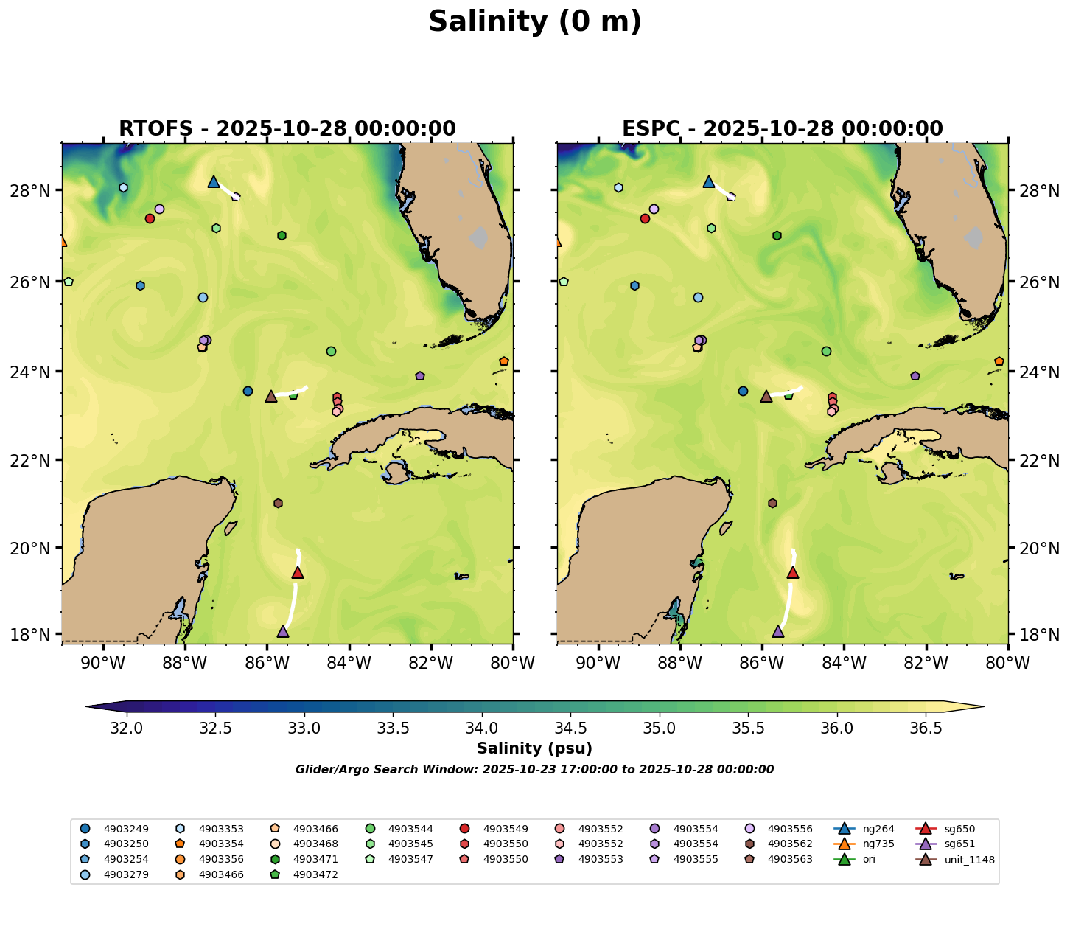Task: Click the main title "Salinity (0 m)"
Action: click(535, 22)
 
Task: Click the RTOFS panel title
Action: click(287, 129)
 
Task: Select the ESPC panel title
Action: click(783, 129)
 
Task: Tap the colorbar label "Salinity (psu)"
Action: click(534, 749)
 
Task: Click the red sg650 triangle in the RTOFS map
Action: click(298, 573)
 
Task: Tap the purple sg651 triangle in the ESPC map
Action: click(778, 632)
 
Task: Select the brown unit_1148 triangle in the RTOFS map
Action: click(271, 397)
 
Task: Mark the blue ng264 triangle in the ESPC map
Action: click(709, 181)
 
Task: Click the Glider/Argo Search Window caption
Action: click(534, 770)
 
